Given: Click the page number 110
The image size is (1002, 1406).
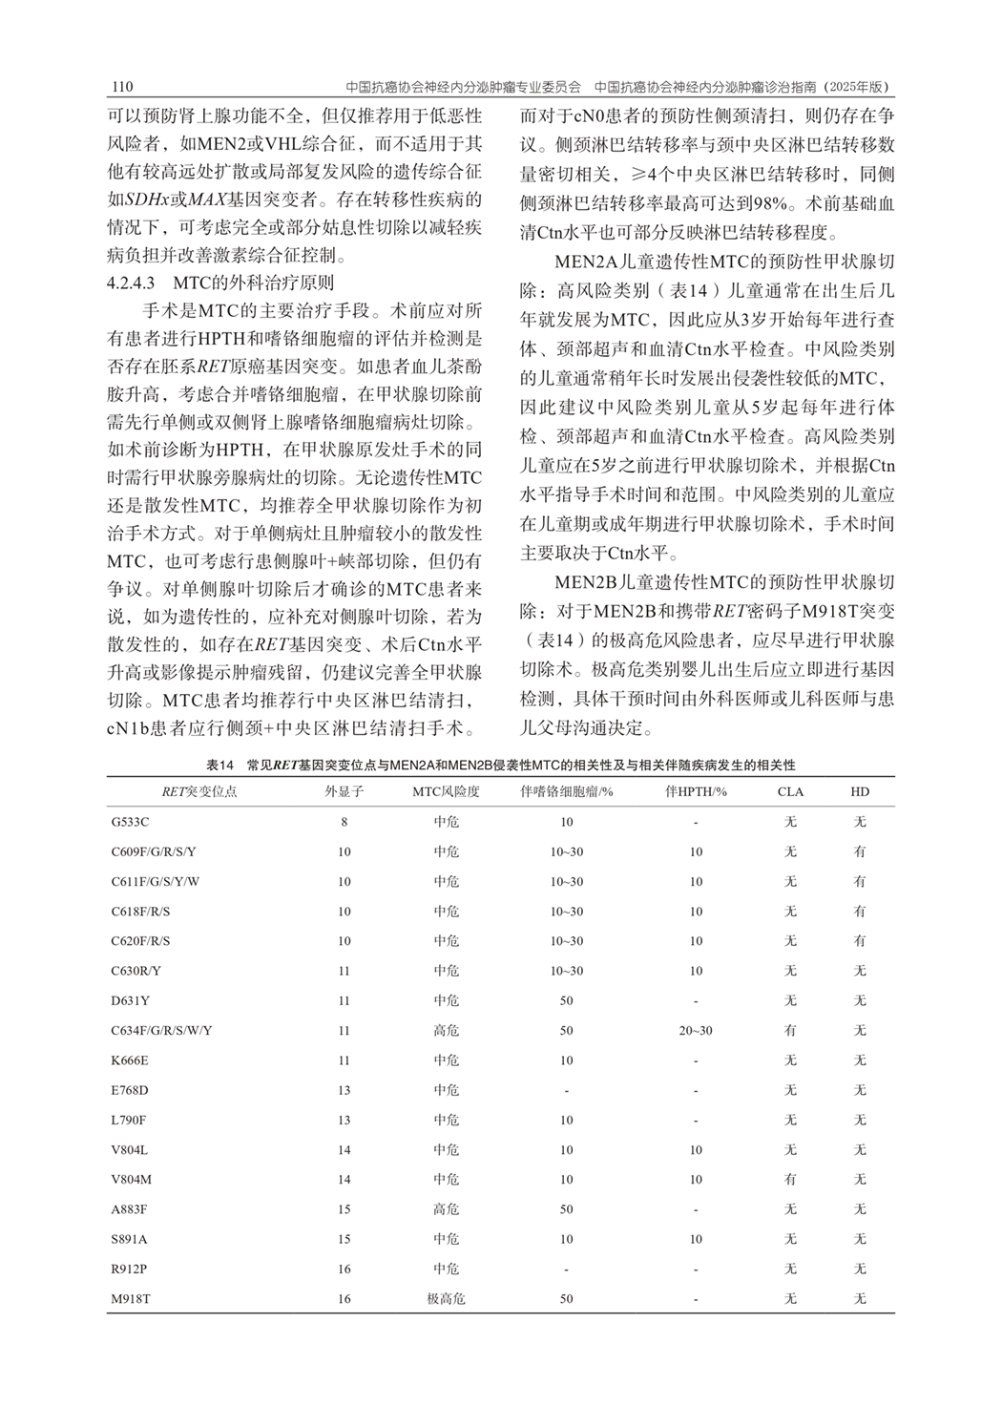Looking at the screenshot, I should tap(121, 87).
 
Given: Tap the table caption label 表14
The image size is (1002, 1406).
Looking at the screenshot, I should tap(219, 766).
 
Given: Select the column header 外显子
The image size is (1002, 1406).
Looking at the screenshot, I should tap(344, 791).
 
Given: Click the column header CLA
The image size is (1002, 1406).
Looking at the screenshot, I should tap(790, 791).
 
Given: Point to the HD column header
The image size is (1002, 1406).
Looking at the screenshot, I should tap(860, 791).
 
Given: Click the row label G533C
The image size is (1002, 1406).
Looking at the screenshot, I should tap(130, 822).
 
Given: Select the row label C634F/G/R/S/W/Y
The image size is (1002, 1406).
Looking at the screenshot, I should tap(161, 1031).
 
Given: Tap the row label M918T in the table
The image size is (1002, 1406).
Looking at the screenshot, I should tap(131, 1299).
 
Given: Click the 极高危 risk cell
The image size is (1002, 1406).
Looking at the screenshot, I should tap(446, 1299).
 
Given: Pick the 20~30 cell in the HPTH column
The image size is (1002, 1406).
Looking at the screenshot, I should tap(696, 1031).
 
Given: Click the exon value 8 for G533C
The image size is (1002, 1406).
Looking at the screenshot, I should tap(344, 822).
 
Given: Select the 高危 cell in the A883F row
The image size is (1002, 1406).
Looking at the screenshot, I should tap(446, 1209).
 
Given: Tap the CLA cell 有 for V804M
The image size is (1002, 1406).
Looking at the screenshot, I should tap(790, 1180).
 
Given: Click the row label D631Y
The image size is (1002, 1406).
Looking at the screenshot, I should tap(130, 1001).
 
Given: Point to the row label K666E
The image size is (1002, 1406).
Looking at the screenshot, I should tap(130, 1060).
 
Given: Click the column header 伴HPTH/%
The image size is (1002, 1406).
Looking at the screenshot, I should tap(696, 791).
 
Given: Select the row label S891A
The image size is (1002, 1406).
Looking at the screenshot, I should tap(129, 1239).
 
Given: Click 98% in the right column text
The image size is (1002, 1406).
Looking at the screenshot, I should tap(767, 202).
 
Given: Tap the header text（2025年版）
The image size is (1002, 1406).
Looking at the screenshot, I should tap(855, 87).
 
